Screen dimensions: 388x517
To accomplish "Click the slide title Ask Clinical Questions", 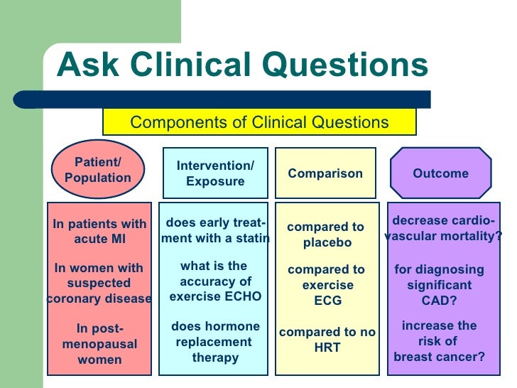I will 242,66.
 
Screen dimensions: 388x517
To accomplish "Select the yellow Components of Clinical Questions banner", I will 259,122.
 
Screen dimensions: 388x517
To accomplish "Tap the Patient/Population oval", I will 98,170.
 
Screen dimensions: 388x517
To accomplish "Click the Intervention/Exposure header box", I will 215,174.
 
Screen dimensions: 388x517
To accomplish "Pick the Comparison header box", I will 325,174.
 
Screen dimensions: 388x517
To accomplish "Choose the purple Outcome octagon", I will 440,173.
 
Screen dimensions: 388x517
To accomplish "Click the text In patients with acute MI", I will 99,232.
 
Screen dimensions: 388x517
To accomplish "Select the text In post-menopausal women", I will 99,344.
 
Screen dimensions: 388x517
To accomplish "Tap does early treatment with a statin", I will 215,230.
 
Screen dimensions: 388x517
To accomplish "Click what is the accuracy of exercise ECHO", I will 215,281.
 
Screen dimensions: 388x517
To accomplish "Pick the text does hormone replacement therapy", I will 215,342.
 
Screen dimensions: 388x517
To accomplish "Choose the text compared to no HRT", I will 327,340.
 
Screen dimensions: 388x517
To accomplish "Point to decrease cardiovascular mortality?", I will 443,228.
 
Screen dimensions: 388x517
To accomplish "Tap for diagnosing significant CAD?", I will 440,284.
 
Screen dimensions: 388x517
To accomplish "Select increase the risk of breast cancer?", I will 440,341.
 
